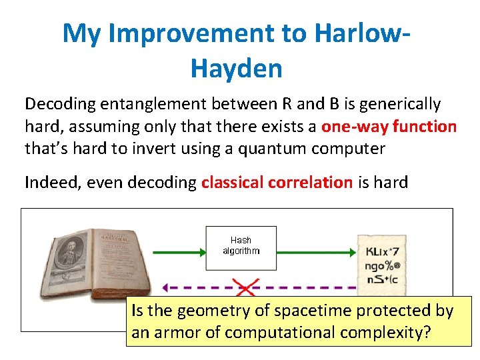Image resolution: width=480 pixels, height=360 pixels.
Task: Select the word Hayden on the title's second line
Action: (x=236, y=67)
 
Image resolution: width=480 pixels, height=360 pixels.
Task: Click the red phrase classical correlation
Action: (x=277, y=182)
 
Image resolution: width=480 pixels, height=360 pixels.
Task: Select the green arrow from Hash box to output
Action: (x=316, y=252)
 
